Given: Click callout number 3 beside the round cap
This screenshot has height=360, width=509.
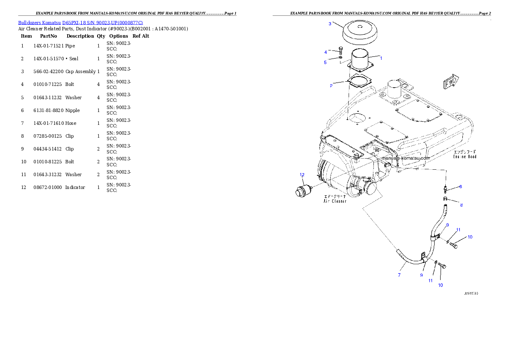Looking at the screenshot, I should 330,24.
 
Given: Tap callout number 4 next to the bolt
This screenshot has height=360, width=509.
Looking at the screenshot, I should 326,52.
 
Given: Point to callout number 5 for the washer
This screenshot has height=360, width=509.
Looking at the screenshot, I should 325,62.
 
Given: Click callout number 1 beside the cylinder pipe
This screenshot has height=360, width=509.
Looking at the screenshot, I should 381,58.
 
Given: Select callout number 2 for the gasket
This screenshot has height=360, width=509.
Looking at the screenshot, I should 331,86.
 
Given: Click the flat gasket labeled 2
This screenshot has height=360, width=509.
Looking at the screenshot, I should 358,81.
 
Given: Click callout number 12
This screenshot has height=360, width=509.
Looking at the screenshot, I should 302,174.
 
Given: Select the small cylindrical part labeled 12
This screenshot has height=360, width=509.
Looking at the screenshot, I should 302,190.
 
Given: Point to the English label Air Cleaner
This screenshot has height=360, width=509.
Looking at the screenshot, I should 335,201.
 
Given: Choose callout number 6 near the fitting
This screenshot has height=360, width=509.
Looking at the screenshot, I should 460,186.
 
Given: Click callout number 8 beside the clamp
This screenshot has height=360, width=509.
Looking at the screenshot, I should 461,205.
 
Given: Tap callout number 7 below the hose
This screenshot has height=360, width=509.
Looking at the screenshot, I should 399,275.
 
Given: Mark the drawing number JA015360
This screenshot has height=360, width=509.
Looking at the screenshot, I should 471,294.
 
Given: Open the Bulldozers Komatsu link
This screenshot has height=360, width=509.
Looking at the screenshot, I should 80,22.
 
